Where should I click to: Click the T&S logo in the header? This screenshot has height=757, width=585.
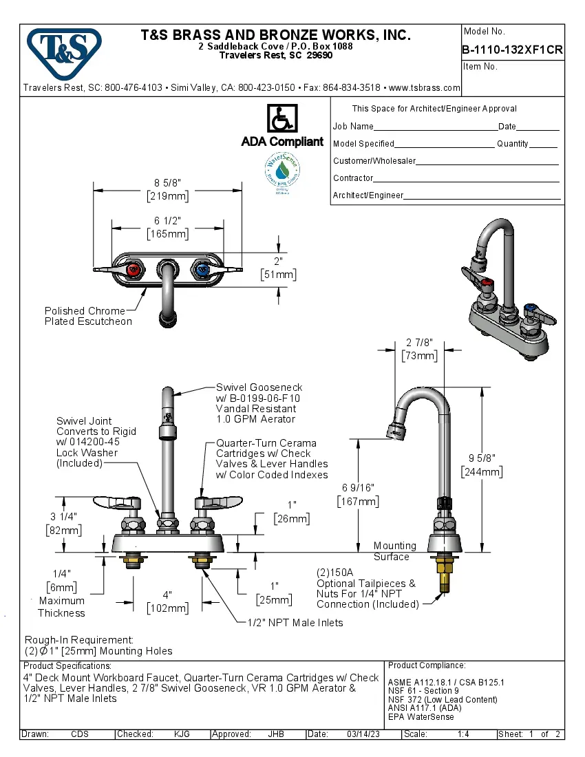[64, 50]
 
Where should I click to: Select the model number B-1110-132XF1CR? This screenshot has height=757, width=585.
[512, 49]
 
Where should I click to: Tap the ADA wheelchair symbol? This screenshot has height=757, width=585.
[281, 118]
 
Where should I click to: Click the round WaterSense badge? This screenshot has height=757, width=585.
[281, 171]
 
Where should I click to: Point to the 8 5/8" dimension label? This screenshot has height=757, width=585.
[168, 183]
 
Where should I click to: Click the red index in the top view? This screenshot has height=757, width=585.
[136, 268]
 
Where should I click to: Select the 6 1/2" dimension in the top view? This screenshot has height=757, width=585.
[168, 220]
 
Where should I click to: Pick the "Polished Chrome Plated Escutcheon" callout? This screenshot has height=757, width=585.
[88, 316]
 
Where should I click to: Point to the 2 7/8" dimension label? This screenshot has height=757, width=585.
[419, 342]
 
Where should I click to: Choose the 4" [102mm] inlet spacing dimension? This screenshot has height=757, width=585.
[167, 601]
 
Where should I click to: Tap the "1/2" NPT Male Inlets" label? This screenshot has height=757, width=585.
[295, 622]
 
